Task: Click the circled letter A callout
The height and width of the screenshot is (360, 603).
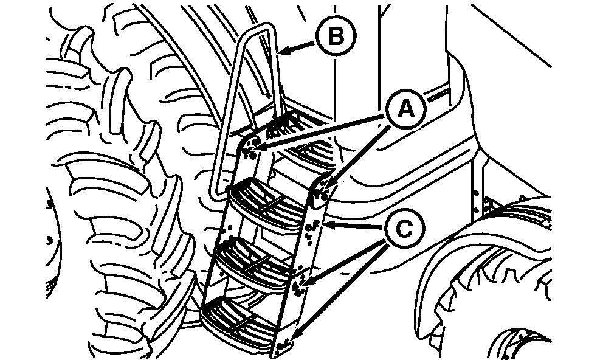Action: [x=406, y=109]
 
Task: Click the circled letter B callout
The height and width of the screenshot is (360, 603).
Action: [x=336, y=36]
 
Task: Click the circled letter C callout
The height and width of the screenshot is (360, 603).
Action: [x=405, y=229]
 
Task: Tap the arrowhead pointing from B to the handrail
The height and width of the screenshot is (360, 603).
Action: [x=283, y=50]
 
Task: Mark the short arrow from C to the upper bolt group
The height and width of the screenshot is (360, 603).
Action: [x=354, y=226]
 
